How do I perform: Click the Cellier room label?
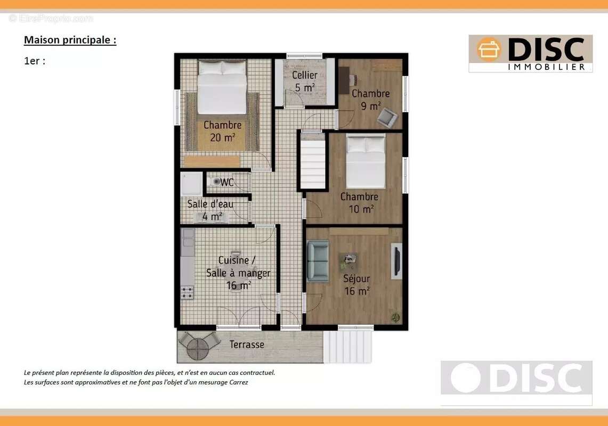pos(304,75)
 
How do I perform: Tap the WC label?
pos(227,182)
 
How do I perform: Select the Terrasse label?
pos(247,344)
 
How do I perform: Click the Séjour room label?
pos(356,278)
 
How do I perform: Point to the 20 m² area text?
pos(223,137)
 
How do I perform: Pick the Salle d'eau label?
pos(210,204)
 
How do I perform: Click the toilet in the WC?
pos(214,182)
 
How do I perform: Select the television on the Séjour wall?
pos(396,261)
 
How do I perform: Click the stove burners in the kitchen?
pos(187,292)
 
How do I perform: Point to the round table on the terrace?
pos(198,348)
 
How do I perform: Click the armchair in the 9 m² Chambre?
pos(387,118)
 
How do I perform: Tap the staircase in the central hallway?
pos(313,161)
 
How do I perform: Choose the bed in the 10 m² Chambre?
pos(366,161)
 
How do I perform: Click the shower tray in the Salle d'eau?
pos(191,184)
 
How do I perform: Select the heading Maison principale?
pos(70,40)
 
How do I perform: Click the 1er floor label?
pos(35,61)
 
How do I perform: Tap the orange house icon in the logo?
pos(489,50)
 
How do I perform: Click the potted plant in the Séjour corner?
pos(395,317)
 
